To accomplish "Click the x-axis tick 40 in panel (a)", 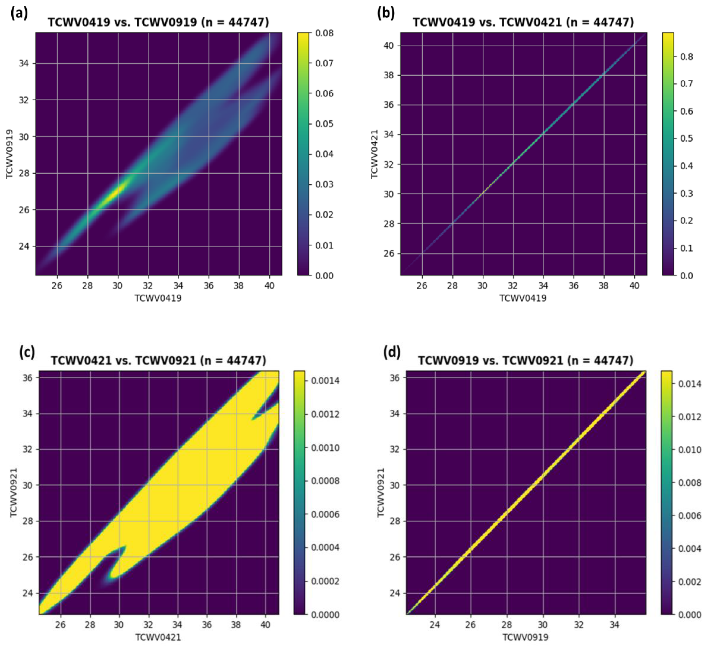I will (269, 286).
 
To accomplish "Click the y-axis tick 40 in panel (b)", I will (388, 46).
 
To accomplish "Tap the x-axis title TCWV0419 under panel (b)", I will (523, 298).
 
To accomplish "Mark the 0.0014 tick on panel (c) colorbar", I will (325, 380).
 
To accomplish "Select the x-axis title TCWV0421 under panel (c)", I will (158, 637).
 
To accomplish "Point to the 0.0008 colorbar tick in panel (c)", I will (325, 481).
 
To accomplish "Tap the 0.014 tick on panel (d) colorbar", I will (690, 384).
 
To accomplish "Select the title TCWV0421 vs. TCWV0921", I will (159, 361).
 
